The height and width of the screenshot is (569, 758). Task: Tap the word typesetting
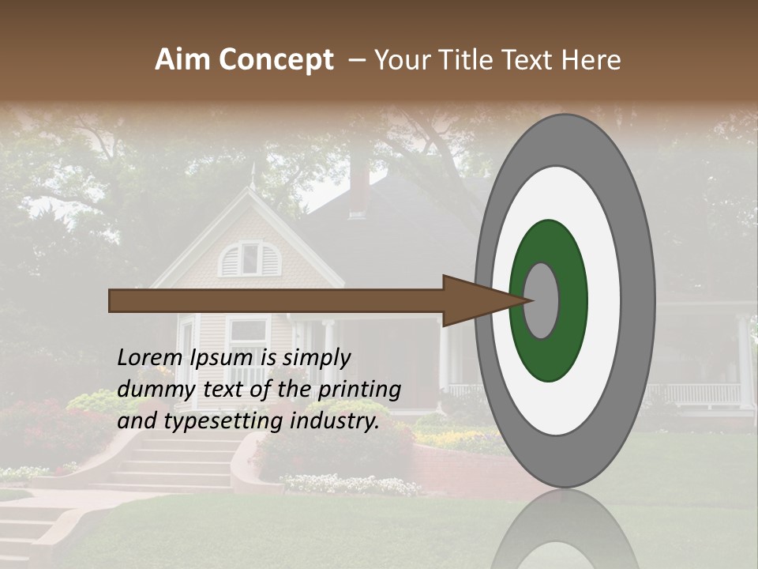(223, 420)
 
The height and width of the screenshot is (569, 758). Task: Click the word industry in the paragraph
(336, 420)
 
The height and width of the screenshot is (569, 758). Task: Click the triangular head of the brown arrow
(474, 300)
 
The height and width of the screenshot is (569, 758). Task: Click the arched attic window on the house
(250, 258)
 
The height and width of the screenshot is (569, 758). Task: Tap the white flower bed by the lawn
(351, 484)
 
